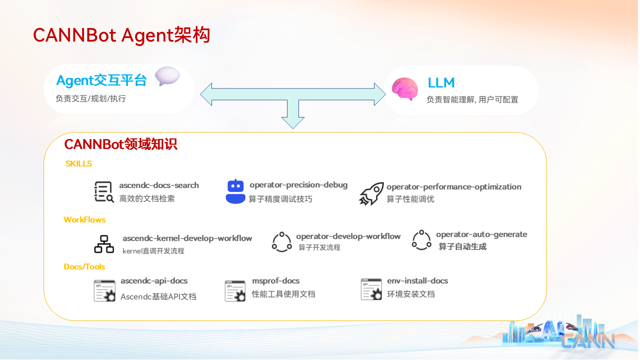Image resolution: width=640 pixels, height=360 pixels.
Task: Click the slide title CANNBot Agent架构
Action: [121, 35]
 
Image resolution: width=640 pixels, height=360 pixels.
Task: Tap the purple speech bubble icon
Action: [167, 76]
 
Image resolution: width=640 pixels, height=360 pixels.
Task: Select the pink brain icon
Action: [405, 89]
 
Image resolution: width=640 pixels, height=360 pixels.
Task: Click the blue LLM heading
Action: [441, 83]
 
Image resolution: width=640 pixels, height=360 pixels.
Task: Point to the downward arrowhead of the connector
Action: [293, 123]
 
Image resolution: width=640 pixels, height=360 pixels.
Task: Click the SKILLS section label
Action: [78, 163]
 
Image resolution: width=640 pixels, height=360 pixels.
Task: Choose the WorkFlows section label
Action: [84, 219]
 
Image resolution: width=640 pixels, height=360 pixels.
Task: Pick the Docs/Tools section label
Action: [84, 267]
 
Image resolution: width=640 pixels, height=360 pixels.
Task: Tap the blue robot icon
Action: [235, 191]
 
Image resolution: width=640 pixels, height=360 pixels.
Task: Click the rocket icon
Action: [371, 193]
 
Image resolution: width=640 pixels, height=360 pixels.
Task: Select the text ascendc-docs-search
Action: [159, 185]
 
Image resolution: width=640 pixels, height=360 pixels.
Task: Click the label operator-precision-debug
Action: [298, 185]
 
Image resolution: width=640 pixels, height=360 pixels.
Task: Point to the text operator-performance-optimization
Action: [454, 187]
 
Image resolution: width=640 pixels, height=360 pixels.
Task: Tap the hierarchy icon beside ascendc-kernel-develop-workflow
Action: [104, 244]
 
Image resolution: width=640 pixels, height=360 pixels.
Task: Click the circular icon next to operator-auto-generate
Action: [421, 240]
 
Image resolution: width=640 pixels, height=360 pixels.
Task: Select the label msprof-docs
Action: [275, 281]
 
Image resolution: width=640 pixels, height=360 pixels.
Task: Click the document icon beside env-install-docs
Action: [371, 289]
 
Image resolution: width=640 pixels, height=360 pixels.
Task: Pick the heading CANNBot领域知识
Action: [120, 144]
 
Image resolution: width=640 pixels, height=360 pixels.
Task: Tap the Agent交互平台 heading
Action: [101, 80]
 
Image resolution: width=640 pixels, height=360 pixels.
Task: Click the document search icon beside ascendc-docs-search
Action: [104, 191]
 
